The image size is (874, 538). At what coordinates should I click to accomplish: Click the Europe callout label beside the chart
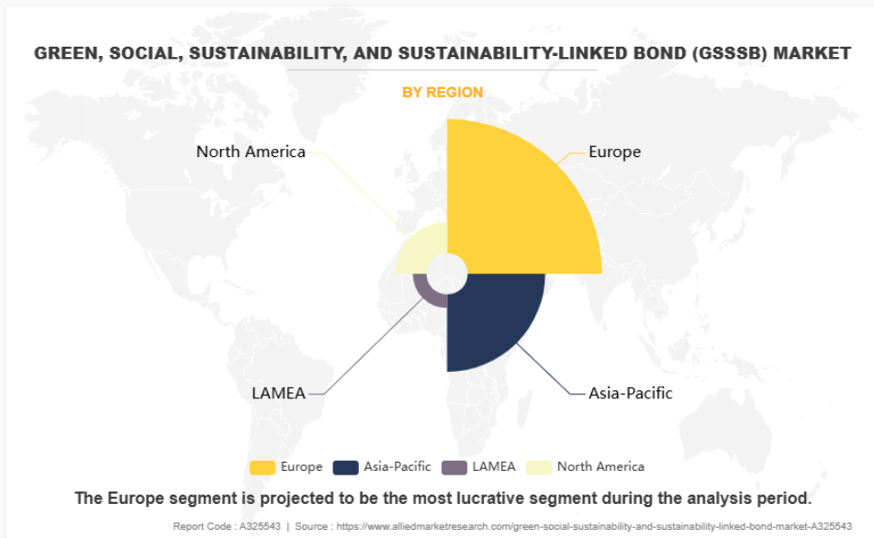point(615,151)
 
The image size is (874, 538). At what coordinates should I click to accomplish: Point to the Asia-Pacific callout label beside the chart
point(631,393)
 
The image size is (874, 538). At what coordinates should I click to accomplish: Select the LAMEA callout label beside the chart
point(278,393)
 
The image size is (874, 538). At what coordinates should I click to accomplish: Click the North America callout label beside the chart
point(251,151)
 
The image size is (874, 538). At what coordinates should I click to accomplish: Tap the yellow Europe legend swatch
point(262,467)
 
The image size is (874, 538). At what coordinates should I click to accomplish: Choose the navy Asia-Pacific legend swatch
point(345,467)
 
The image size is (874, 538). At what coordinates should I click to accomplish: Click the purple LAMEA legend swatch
point(454,467)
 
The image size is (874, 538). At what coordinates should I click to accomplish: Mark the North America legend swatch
point(539,467)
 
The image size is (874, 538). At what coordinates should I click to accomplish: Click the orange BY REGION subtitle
point(443,93)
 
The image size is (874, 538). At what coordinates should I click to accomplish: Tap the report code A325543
point(260,526)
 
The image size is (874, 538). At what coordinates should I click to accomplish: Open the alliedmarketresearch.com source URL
point(594,526)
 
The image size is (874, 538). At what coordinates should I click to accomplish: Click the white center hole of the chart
point(447,274)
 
